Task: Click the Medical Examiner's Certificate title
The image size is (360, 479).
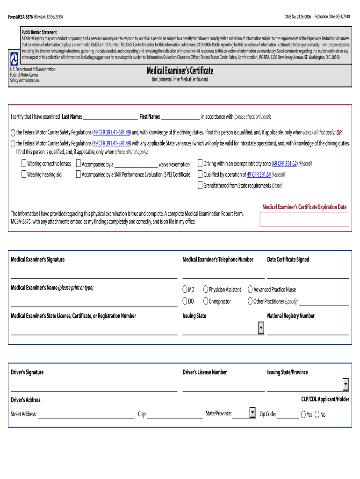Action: [x=180, y=71]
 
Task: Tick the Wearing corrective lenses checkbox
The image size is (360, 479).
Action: [x=23, y=164]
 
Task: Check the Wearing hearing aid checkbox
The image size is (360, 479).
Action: [x=23, y=174]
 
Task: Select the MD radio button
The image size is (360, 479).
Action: [x=185, y=290]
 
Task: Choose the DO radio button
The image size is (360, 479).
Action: [x=185, y=301]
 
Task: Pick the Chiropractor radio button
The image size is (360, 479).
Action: [x=206, y=301]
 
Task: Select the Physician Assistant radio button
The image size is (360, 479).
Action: [x=206, y=290]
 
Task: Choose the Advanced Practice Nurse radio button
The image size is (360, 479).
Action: [x=250, y=290]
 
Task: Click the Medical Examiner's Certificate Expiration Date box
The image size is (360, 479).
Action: [x=304, y=219]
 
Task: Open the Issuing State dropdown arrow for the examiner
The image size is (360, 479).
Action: [x=261, y=328]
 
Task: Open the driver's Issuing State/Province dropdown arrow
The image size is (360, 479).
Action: [x=346, y=385]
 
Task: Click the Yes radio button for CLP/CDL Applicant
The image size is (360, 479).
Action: [x=303, y=414]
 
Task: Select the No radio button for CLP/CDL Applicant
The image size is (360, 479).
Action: [x=317, y=414]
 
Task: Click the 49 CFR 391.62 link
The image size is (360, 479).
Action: [x=285, y=164]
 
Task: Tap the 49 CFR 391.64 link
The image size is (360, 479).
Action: [x=259, y=174]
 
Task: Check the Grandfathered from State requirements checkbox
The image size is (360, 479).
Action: [x=200, y=185]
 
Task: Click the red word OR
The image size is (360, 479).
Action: [x=339, y=132]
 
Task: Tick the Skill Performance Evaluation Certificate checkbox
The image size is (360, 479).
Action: [x=78, y=174]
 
